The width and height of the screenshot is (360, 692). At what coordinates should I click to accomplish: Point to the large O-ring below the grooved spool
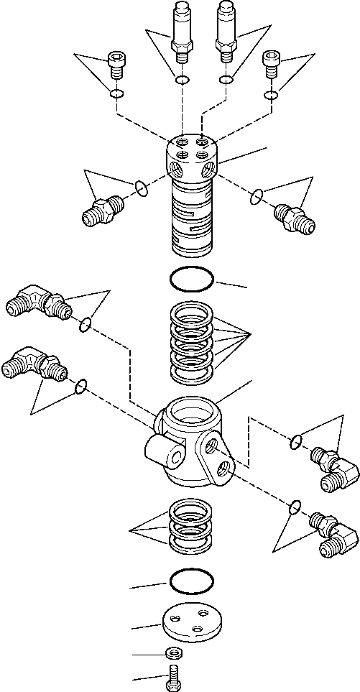192,279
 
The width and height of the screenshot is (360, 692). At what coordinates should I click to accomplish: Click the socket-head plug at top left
115,64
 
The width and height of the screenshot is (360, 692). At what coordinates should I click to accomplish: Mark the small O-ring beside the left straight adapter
142,188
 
